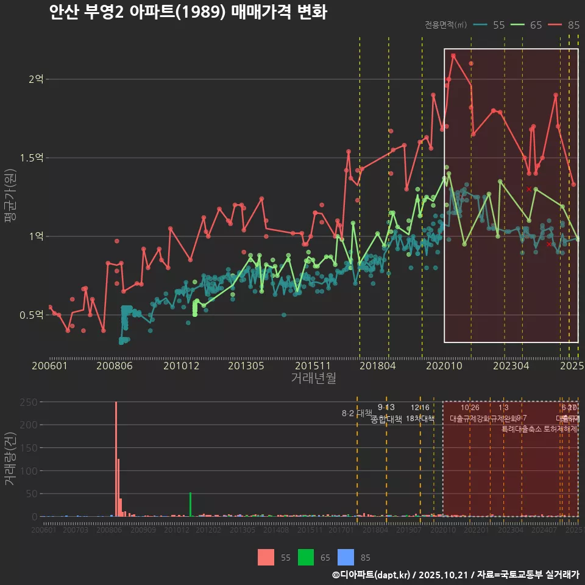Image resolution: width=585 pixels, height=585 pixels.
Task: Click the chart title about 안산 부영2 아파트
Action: click(x=188, y=12)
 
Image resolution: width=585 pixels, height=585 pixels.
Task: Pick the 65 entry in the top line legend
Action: click(x=527, y=25)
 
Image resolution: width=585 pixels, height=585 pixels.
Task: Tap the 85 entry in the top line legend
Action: click(x=564, y=25)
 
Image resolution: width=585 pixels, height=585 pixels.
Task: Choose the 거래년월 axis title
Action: click(x=313, y=378)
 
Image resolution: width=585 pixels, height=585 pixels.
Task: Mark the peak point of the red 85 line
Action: click(x=453, y=55)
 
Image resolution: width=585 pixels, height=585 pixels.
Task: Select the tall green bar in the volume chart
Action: click(x=190, y=504)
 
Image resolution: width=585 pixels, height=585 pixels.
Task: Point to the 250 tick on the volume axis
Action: click(x=28, y=402)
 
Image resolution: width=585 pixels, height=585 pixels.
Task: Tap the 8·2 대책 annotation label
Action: click(x=356, y=413)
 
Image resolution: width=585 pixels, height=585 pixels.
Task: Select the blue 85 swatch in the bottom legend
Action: click(x=346, y=557)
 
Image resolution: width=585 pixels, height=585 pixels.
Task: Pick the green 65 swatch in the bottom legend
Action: click(x=306, y=557)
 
